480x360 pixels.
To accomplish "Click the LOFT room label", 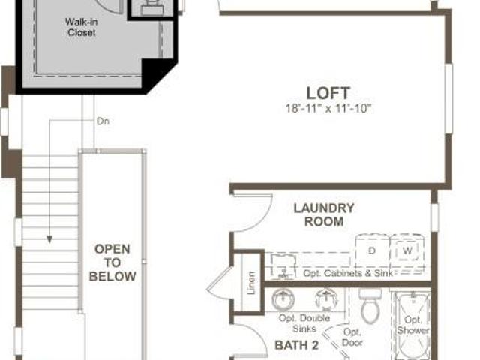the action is (328, 93).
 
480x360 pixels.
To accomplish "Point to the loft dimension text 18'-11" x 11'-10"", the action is (328, 108).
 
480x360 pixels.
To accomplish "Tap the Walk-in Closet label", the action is (81, 27).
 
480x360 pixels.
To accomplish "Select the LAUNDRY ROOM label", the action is (324, 215).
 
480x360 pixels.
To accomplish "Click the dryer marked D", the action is (372, 250).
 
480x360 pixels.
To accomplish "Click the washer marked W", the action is (407, 250).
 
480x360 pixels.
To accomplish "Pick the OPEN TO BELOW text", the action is (112, 262).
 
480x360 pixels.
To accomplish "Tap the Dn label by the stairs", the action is (103, 121).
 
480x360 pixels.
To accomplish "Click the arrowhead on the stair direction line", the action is (49, 239).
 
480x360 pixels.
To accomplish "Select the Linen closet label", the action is (251, 283).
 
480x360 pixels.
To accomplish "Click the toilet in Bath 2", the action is (370, 305).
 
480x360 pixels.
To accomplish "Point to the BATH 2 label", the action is (297, 345).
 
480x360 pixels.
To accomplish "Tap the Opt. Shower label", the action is (412, 325).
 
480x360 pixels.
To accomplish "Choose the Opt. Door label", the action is (352, 337).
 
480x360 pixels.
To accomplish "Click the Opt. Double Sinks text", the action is (304, 323).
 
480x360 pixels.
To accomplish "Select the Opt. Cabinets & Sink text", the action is (348, 273).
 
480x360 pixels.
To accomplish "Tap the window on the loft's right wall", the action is (448, 98).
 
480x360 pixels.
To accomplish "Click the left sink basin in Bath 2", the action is (283, 299).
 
